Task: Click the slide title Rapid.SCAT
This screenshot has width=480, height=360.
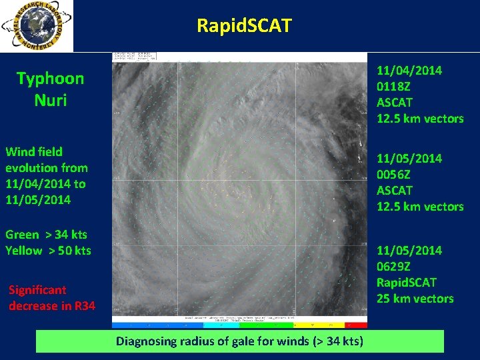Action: point(244,26)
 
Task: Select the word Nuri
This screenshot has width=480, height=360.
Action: point(51,101)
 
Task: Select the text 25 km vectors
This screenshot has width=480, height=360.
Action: point(415,299)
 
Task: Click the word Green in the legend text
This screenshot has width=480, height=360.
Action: point(23,235)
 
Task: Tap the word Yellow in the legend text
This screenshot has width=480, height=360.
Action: point(23,251)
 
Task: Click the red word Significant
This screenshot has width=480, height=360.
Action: point(37,290)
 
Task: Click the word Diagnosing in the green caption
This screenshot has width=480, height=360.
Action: point(148,342)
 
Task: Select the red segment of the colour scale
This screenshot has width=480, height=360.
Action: point(357,325)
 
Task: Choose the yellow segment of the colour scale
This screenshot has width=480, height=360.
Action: point(313,325)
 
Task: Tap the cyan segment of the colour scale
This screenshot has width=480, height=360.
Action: point(217,325)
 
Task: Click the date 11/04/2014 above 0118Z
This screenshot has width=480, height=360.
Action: point(409,71)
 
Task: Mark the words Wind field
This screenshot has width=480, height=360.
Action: point(33,152)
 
